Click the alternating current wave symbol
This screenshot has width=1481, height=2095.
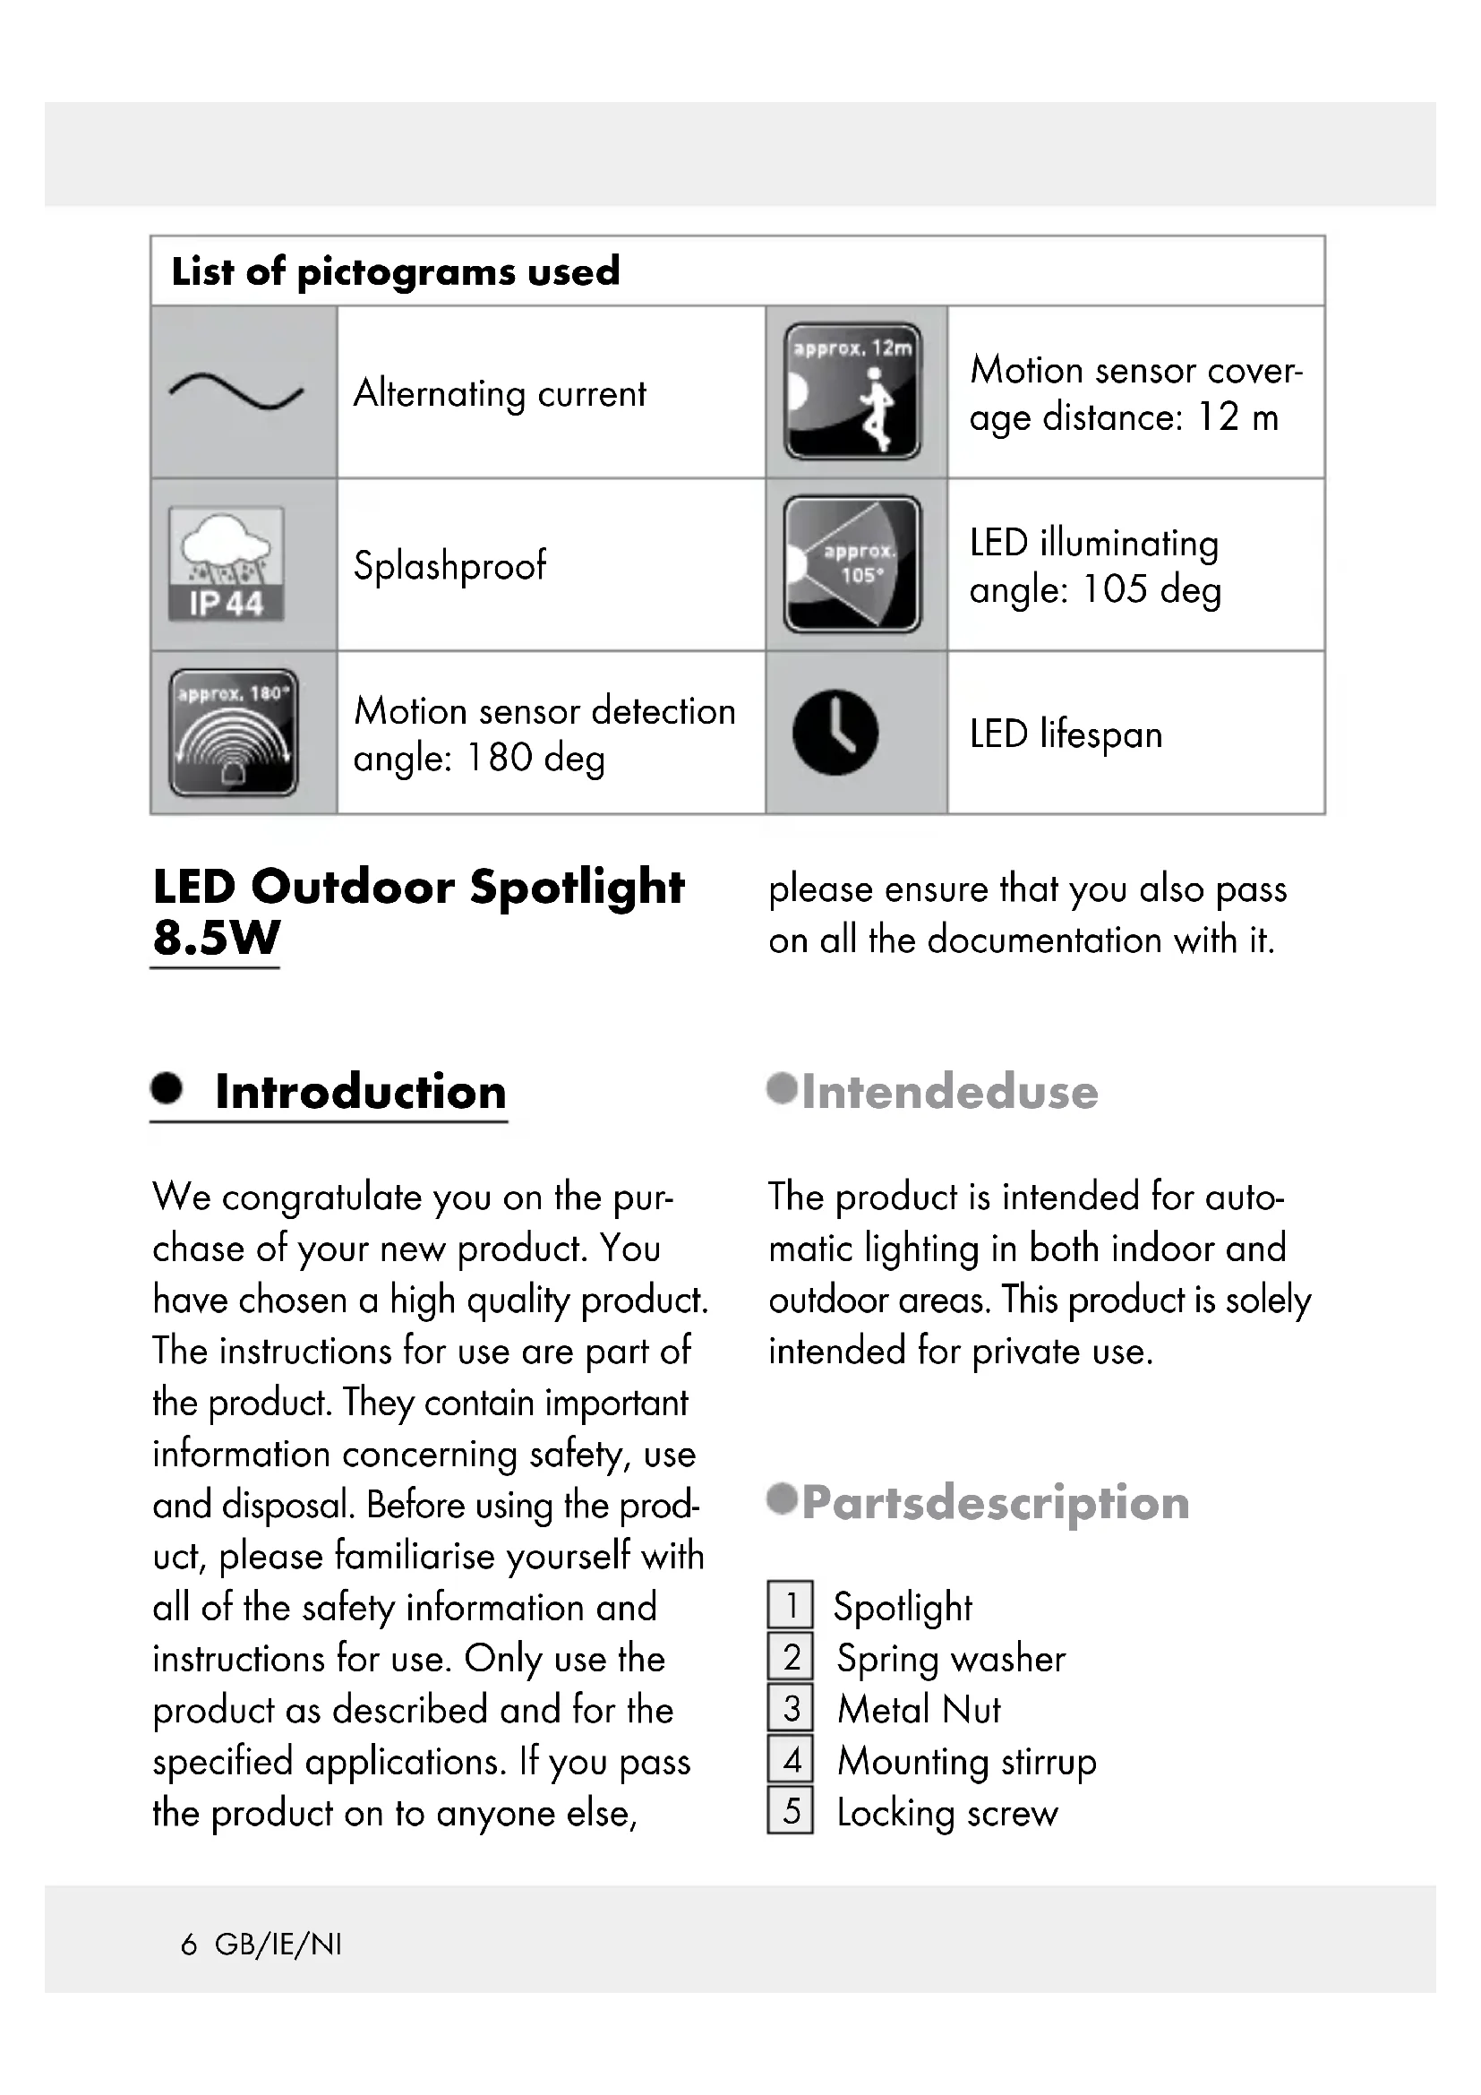click(236, 391)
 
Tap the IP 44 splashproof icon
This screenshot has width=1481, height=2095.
click(227, 564)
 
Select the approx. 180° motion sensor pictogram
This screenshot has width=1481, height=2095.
click(234, 733)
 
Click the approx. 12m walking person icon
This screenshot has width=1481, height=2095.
click(852, 391)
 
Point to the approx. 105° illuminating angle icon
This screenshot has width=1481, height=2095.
click(852, 564)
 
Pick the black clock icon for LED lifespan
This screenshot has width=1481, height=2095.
click(835, 733)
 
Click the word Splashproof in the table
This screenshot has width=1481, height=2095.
click(449, 566)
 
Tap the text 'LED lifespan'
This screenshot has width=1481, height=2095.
click(1066, 734)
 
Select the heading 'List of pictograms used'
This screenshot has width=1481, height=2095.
click(396, 271)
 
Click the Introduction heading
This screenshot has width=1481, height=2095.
click(360, 1092)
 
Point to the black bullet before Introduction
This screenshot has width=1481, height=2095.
click(167, 1087)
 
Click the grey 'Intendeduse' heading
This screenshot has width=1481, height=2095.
click(949, 1092)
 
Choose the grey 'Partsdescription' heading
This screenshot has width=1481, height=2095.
click(995, 1503)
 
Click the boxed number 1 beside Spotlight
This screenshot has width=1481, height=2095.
click(790, 1605)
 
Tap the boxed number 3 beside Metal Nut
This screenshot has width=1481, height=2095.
click(790, 1708)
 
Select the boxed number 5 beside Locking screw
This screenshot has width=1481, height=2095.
click(790, 1811)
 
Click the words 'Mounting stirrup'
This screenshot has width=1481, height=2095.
click(967, 1761)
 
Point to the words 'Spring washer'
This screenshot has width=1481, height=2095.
click(951, 1658)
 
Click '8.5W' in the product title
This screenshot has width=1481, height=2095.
click(216, 938)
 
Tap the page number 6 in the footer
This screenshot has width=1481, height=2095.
click(189, 1945)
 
